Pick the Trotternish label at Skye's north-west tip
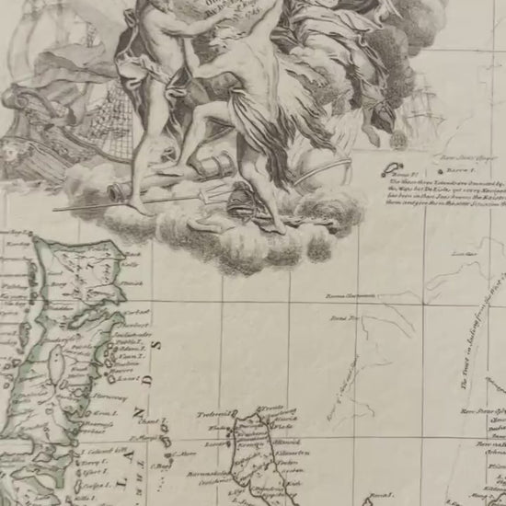(x=213, y=414)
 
